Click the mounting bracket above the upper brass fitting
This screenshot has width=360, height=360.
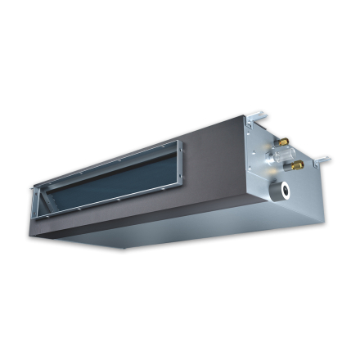(258, 119)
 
